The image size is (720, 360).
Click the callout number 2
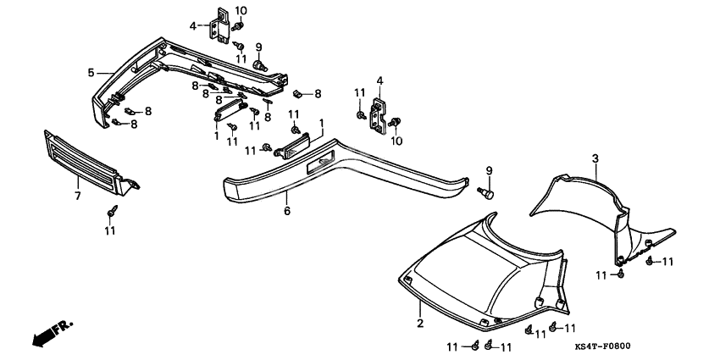[x=418, y=324]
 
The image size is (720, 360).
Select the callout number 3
[x=595, y=158]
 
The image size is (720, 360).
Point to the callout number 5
[x=91, y=73]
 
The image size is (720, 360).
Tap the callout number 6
[x=286, y=210]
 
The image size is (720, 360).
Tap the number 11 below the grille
[x=110, y=230]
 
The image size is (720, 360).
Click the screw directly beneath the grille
[x=110, y=209]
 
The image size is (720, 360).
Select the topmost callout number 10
[x=241, y=10]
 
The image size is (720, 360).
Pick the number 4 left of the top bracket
[x=193, y=26]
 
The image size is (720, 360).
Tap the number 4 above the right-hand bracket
[x=379, y=81]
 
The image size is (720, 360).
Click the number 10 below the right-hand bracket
[x=396, y=141]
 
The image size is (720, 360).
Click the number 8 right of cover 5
[x=318, y=93]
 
